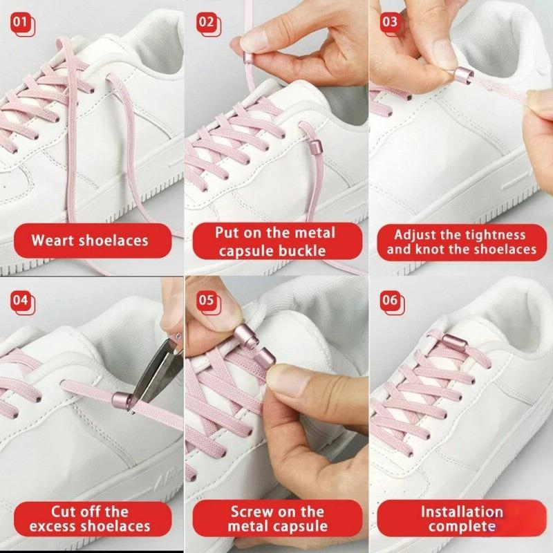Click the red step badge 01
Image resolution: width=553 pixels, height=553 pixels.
pyautogui.click(x=23, y=24)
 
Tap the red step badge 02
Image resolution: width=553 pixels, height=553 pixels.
pyautogui.click(x=209, y=24)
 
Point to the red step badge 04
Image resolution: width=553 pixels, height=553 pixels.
pyautogui.click(x=23, y=302)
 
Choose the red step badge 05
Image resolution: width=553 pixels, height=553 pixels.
pyautogui.click(x=209, y=302)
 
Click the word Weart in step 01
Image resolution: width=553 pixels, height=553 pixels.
pyautogui.click(x=53, y=241)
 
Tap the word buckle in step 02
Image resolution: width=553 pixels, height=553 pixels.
pyautogui.click(x=302, y=251)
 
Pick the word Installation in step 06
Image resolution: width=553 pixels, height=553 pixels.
pyautogui.click(x=462, y=512)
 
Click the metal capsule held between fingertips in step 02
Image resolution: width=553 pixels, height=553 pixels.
pyautogui.click(x=249, y=56)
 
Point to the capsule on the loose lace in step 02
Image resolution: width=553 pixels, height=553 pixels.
pyautogui.click(x=315, y=146)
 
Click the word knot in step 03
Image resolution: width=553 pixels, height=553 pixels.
pyautogui.click(x=431, y=250)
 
